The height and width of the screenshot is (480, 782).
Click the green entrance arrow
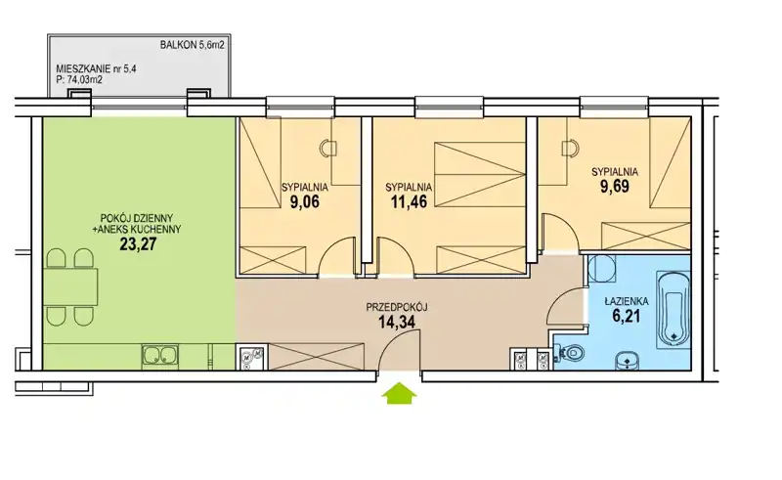(x=399, y=393)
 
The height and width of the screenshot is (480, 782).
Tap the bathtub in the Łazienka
(x=673, y=309)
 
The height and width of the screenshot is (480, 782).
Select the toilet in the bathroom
(x=571, y=354)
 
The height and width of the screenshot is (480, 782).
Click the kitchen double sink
(x=160, y=356)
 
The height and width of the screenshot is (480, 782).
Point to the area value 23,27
(x=138, y=244)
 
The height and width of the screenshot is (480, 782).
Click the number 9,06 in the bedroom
(x=304, y=201)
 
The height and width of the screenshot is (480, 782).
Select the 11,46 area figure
(x=409, y=201)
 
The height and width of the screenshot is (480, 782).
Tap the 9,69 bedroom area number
(x=615, y=186)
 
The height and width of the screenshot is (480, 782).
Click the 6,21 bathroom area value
(x=626, y=316)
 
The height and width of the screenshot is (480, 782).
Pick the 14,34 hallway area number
(x=397, y=322)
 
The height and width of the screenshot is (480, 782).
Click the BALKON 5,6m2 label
(x=192, y=44)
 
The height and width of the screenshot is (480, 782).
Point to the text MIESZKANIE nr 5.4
(x=96, y=68)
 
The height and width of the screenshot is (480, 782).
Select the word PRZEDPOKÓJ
(x=397, y=307)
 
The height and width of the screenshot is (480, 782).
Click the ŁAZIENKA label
(x=627, y=301)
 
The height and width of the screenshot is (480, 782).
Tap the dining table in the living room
(x=69, y=286)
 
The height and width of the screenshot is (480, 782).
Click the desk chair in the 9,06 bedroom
(x=328, y=148)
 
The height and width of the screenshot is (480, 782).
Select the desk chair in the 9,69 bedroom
(x=571, y=149)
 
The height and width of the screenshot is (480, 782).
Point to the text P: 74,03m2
(x=79, y=79)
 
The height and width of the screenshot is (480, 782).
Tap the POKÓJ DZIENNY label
(x=137, y=218)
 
